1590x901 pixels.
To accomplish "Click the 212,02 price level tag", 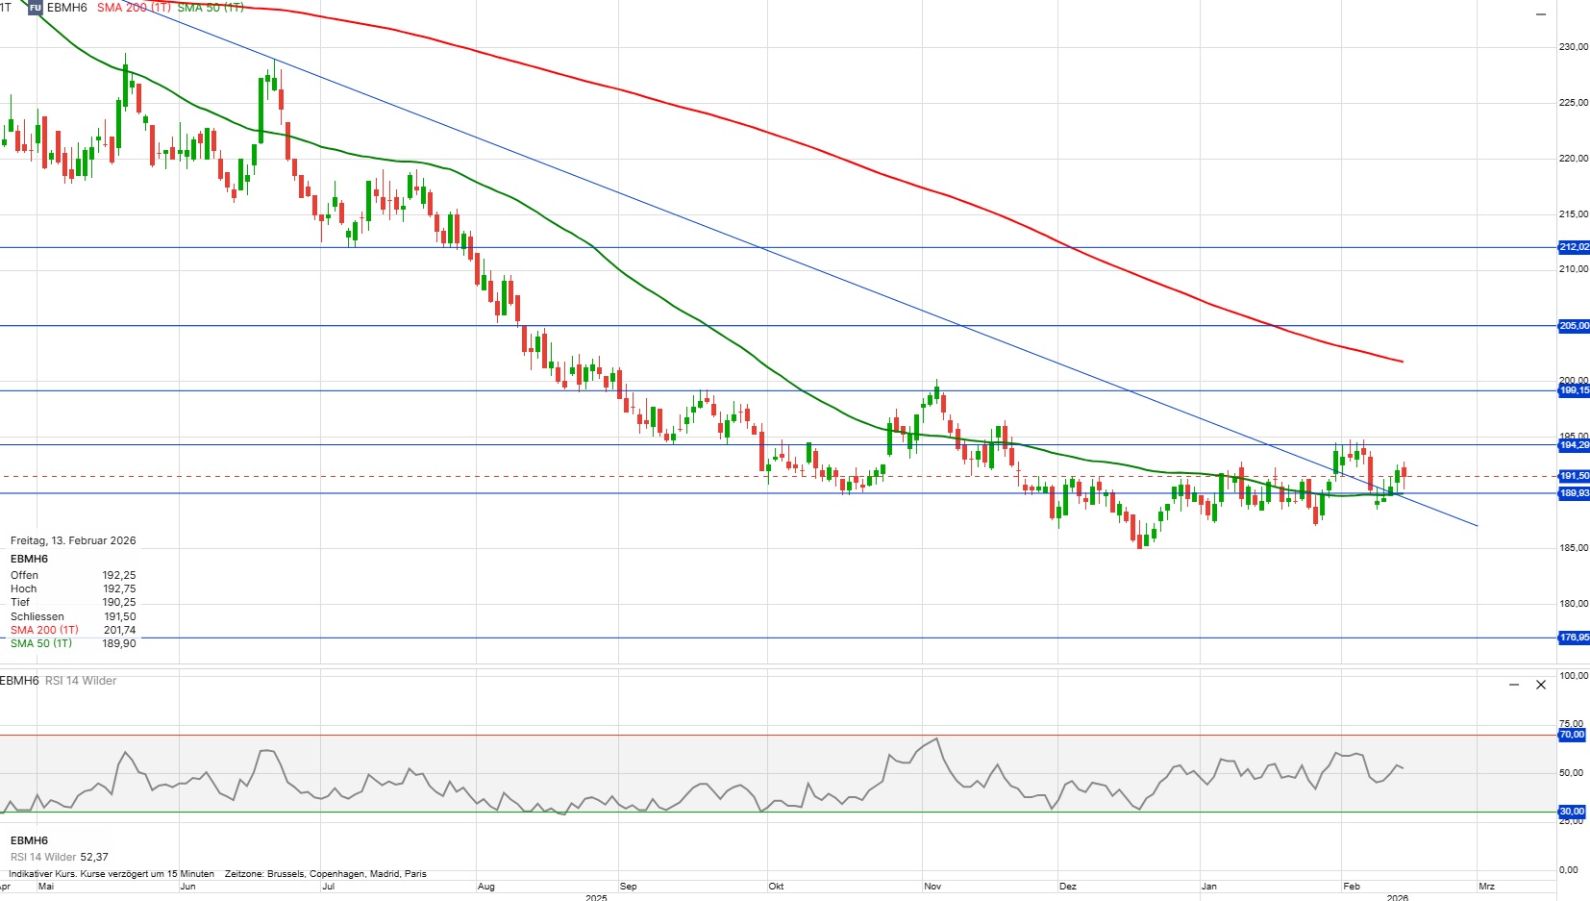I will click(1574, 247).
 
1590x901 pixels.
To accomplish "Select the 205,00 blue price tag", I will click(1574, 326).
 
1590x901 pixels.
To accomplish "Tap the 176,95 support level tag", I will click(1574, 638).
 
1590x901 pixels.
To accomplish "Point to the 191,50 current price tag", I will click(1574, 476).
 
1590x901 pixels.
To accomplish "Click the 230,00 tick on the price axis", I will click(1574, 46).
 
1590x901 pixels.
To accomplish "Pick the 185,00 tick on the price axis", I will click(1574, 548).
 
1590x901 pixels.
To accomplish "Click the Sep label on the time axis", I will click(629, 887).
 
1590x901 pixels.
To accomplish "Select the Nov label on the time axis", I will click(932, 887).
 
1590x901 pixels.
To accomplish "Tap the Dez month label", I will click(1068, 887).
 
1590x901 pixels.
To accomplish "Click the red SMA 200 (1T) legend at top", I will click(134, 8).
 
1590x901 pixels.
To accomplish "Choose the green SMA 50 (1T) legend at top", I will click(211, 8).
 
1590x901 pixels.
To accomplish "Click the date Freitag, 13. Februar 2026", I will click(73, 540).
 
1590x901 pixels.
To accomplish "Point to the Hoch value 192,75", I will click(119, 588).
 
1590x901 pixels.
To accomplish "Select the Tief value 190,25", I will click(119, 602).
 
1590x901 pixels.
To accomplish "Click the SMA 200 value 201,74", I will click(119, 630).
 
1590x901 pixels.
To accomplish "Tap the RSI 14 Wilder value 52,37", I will click(94, 857).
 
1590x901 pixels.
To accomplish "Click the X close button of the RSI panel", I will click(1541, 685).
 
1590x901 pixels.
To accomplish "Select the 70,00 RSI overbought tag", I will click(1572, 735).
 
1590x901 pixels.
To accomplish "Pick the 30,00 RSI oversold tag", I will click(1572, 812).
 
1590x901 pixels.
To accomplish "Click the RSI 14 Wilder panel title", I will click(81, 681).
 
